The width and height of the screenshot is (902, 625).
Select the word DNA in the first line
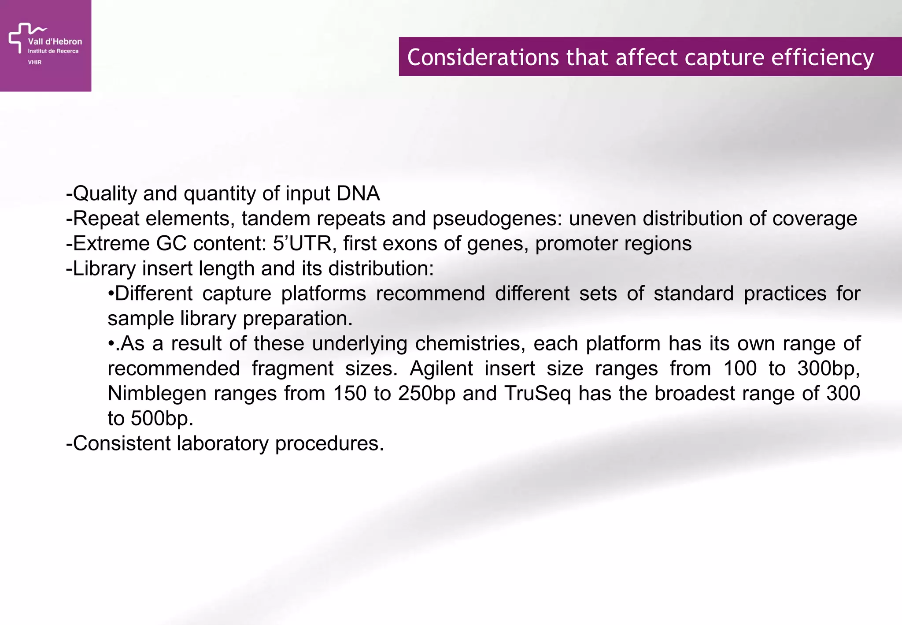point(358,193)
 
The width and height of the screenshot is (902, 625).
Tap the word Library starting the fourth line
point(104,268)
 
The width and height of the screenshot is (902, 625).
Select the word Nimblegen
point(157,394)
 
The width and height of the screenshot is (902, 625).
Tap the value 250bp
point(426,394)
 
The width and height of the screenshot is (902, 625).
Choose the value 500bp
point(162,418)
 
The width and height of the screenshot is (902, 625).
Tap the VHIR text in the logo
point(35,62)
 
